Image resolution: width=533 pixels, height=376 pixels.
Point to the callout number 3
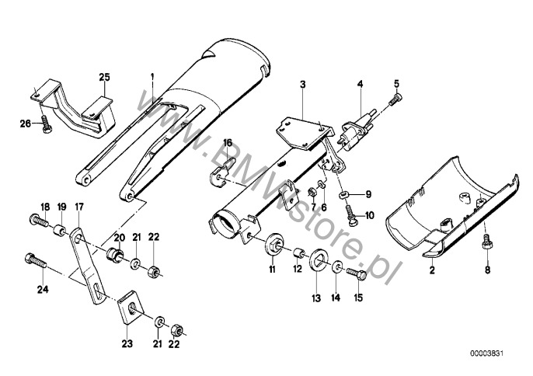pyautogui.click(x=303, y=83)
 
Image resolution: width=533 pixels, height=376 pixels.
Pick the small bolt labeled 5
pyautogui.click(x=396, y=99)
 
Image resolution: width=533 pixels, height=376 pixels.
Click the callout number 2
pyautogui.click(x=431, y=272)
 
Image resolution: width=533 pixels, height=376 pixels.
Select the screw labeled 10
pyautogui.click(x=347, y=213)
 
